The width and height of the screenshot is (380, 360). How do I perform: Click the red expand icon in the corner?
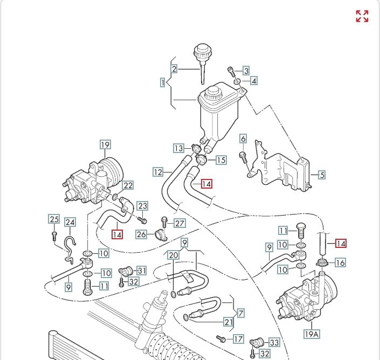point(362,16)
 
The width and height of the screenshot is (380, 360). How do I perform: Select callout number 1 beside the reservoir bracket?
point(162,83)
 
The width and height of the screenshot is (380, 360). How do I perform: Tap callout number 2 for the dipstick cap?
point(174,69)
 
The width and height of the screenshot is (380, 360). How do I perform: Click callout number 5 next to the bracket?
point(322,175)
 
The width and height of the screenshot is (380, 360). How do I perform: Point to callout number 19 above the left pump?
point(105,144)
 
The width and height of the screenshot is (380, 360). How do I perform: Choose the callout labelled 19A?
point(312,334)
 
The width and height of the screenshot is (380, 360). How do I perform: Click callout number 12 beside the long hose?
point(158,172)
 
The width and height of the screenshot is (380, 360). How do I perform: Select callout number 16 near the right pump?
point(340,262)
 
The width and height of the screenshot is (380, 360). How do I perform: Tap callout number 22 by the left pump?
point(128,186)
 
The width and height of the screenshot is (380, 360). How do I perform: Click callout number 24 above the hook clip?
point(71,222)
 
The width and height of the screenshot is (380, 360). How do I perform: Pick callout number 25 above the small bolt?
point(54,219)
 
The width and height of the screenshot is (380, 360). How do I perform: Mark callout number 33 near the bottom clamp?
point(274,342)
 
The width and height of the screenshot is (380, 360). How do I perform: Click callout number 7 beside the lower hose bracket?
point(241,312)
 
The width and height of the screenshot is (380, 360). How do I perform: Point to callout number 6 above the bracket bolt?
point(243,139)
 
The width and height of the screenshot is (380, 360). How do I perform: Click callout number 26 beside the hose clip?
point(141,234)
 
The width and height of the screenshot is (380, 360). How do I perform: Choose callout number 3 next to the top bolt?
point(246,71)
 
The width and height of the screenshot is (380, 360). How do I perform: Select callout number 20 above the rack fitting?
point(173,255)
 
